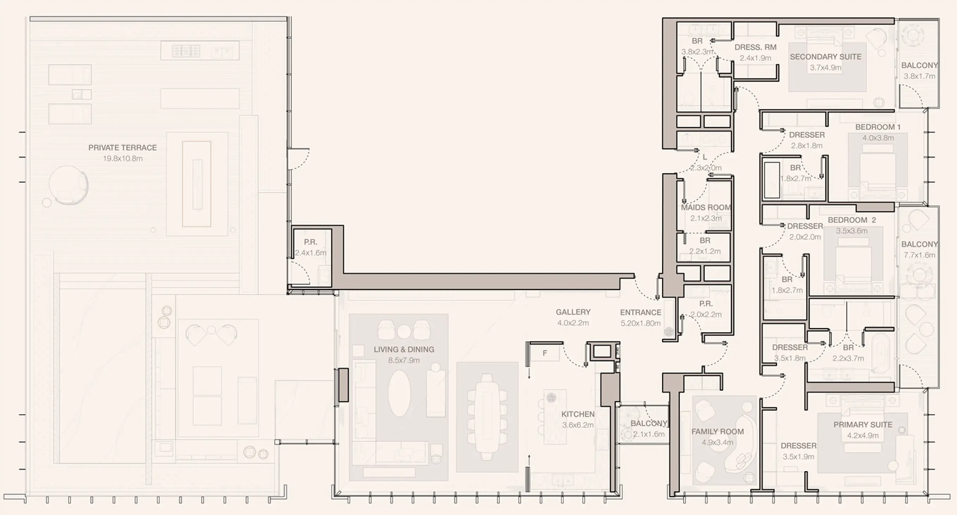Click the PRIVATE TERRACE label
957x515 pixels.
[122, 148]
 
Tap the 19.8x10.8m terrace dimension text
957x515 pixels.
[122, 158]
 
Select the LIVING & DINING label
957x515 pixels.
[404, 350]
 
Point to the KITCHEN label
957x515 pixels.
[578, 414]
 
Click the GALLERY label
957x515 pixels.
[573, 312]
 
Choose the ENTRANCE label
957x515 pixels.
[640, 312]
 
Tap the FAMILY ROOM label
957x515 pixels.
[717, 432]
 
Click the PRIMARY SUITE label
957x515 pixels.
[863, 425]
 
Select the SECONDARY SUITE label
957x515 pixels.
[825, 57]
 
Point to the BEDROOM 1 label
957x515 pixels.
[878, 127]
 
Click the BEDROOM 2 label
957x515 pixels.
[851, 220]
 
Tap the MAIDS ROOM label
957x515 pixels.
[706, 208]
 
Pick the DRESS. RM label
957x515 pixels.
[755, 48]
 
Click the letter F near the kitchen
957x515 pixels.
[545, 353]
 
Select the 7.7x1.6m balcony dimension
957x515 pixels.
[919, 255]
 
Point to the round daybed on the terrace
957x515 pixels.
[68, 185]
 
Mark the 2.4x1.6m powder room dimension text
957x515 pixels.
[311, 253]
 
